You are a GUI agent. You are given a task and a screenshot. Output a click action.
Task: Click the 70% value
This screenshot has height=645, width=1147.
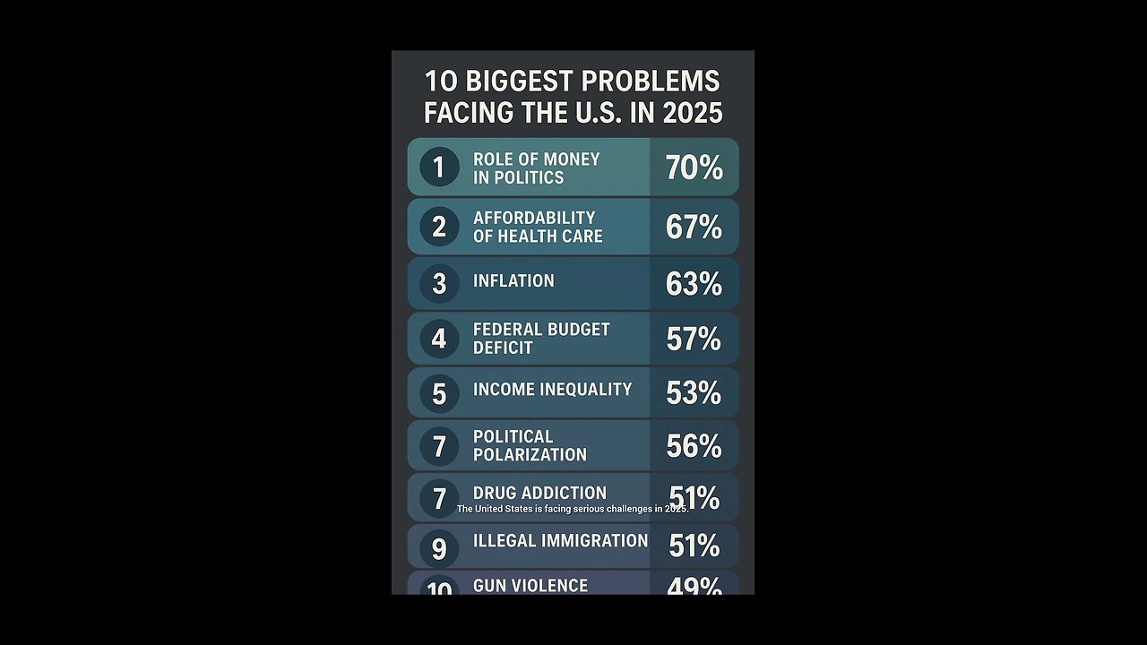tap(694, 168)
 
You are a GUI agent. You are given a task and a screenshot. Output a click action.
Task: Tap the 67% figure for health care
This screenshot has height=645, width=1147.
tap(694, 228)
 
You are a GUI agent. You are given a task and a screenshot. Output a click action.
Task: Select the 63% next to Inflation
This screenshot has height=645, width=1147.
tap(694, 284)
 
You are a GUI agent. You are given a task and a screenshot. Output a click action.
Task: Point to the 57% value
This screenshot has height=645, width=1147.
tap(694, 339)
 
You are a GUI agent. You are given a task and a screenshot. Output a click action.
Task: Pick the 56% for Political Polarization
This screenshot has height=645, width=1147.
tap(694, 446)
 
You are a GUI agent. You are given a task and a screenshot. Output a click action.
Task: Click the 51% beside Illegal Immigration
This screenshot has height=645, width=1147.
tap(694, 546)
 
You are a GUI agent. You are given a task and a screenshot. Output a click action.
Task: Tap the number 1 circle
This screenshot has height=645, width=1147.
tap(439, 168)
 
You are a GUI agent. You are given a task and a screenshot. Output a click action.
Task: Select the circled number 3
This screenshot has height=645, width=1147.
tap(439, 284)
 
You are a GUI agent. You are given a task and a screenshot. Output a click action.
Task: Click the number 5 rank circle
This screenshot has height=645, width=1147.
tap(439, 394)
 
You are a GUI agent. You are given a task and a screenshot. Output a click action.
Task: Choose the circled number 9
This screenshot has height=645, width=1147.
tap(439, 547)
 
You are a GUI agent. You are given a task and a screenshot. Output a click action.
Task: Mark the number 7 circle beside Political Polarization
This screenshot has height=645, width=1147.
tap(439, 447)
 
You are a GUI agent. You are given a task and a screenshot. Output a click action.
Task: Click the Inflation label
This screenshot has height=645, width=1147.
tap(513, 281)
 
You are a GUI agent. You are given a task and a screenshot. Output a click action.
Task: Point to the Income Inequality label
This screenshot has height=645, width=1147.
tap(552, 390)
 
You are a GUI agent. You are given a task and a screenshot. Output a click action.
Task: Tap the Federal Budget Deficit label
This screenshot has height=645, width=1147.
tap(541, 339)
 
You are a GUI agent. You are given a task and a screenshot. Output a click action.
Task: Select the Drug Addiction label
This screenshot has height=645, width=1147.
tap(539, 493)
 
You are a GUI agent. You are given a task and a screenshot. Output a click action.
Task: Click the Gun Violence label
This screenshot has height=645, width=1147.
tap(530, 586)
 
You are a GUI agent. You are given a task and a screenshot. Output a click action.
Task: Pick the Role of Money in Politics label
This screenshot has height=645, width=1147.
tap(536, 168)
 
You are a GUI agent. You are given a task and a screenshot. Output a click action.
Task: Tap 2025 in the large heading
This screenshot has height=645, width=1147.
tap(693, 114)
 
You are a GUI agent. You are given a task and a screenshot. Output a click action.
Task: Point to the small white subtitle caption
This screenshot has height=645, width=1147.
tap(573, 509)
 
